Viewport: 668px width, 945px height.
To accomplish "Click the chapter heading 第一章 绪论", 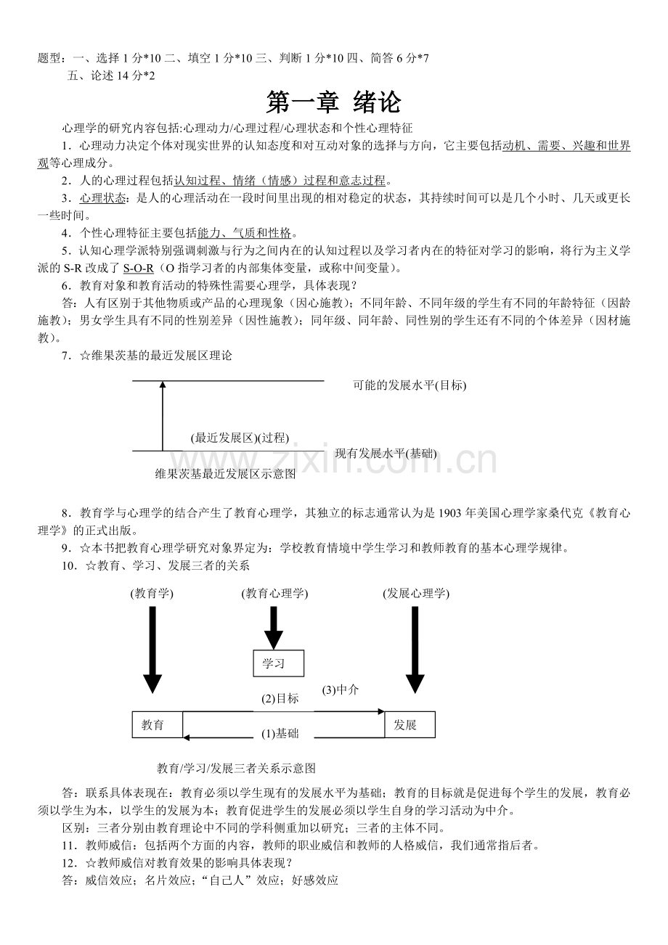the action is coord(333,102).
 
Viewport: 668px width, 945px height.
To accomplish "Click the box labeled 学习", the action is coord(278,663).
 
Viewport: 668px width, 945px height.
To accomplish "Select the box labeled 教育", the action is coord(158,725).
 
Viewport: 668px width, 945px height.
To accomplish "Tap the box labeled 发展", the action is coord(410,725).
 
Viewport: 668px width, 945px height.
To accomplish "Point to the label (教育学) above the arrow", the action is coord(152,593).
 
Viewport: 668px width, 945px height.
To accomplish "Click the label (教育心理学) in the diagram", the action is coord(274,593).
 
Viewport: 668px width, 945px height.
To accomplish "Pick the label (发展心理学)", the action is coord(416,593).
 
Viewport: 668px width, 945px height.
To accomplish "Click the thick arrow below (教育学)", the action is coord(152,650).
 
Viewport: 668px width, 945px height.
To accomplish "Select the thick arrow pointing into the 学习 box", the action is coord(274,628).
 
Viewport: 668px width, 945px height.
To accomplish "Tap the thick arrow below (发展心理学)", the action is coord(415,650).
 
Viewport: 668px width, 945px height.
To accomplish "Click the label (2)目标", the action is coord(280,699).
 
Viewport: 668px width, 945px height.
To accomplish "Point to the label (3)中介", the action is coord(340,690).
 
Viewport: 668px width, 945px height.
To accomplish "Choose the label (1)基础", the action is coord(280,734).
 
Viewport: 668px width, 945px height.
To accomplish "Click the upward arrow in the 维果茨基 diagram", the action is coord(163,416).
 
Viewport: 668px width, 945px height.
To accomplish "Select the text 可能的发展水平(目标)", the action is coord(410,385).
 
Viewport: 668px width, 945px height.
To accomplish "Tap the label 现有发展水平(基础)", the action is coord(386,454).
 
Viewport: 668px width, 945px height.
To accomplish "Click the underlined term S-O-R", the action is coord(139,268).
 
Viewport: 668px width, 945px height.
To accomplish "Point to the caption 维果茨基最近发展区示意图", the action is coord(225,474).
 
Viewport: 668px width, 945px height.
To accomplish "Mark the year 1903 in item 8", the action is coord(449,513).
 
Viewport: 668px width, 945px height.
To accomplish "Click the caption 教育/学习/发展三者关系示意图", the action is coord(236,768).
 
